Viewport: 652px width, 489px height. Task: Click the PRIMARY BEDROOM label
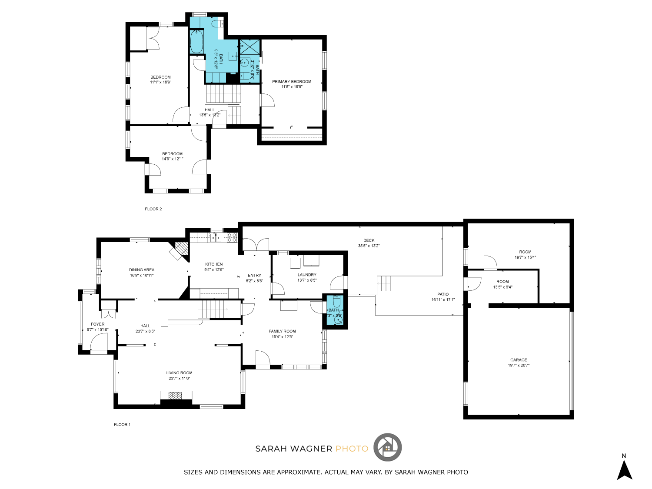pyautogui.click(x=292, y=82)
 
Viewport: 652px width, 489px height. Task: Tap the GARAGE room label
pyautogui.click(x=519, y=360)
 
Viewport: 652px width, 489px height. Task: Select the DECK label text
pyautogui.click(x=369, y=240)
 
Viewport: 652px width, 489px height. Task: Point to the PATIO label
pyautogui.click(x=443, y=294)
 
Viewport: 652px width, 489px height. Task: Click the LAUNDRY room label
pyautogui.click(x=307, y=275)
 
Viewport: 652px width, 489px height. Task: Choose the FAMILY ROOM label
pyautogui.click(x=282, y=331)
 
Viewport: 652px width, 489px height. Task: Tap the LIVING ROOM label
pyautogui.click(x=179, y=373)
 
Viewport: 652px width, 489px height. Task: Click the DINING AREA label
pyautogui.click(x=142, y=270)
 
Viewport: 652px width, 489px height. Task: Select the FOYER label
pyautogui.click(x=98, y=324)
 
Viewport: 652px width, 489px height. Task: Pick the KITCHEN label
pyautogui.click(x=214, y=264)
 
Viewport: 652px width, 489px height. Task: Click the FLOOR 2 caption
pyautogui.click(x=153, y=209)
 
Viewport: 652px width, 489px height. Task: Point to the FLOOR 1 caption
pyautogui.click(x=122, y=425)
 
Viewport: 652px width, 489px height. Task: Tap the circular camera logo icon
pyautogui.click(x=388, y=447)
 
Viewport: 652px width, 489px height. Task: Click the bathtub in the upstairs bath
pyautogui.click(x=197, y=42)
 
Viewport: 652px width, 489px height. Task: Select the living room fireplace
pyautogui.click(x=176, y=396)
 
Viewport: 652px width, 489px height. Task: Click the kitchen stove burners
pyautogui.click(x=232, y=237)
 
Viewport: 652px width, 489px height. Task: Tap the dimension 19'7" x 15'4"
pyautogui.click(x=525, y=257)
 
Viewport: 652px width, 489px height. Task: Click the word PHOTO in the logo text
pyautogui.click(x=352, y=449)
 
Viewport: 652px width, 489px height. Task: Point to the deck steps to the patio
pyautogui.click(x=384, y=283)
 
